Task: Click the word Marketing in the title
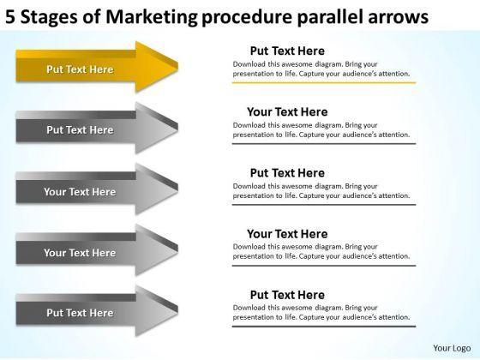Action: pos(152,17)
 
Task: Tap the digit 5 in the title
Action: pos(10,17)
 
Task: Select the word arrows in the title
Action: pos(398,18)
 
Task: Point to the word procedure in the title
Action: pos(247,18)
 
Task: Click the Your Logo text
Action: pos(452,348)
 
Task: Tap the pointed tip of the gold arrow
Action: pos(177,67)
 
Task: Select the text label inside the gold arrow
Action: pos(80,69)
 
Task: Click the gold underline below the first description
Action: pos(324,82)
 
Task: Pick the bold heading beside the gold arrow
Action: pos(287,51)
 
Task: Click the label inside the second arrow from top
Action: pos(80,130)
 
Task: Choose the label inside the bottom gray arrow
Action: pos(80,313)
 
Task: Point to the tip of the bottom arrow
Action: pos(177,310)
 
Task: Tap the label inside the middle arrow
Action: pos(80,192)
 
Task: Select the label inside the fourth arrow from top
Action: pos(80,253)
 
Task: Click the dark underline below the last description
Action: pos(324,327)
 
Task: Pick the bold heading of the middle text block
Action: pos(287,173)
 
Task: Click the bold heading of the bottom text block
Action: pos(287,295)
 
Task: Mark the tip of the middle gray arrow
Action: pos(177,189)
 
